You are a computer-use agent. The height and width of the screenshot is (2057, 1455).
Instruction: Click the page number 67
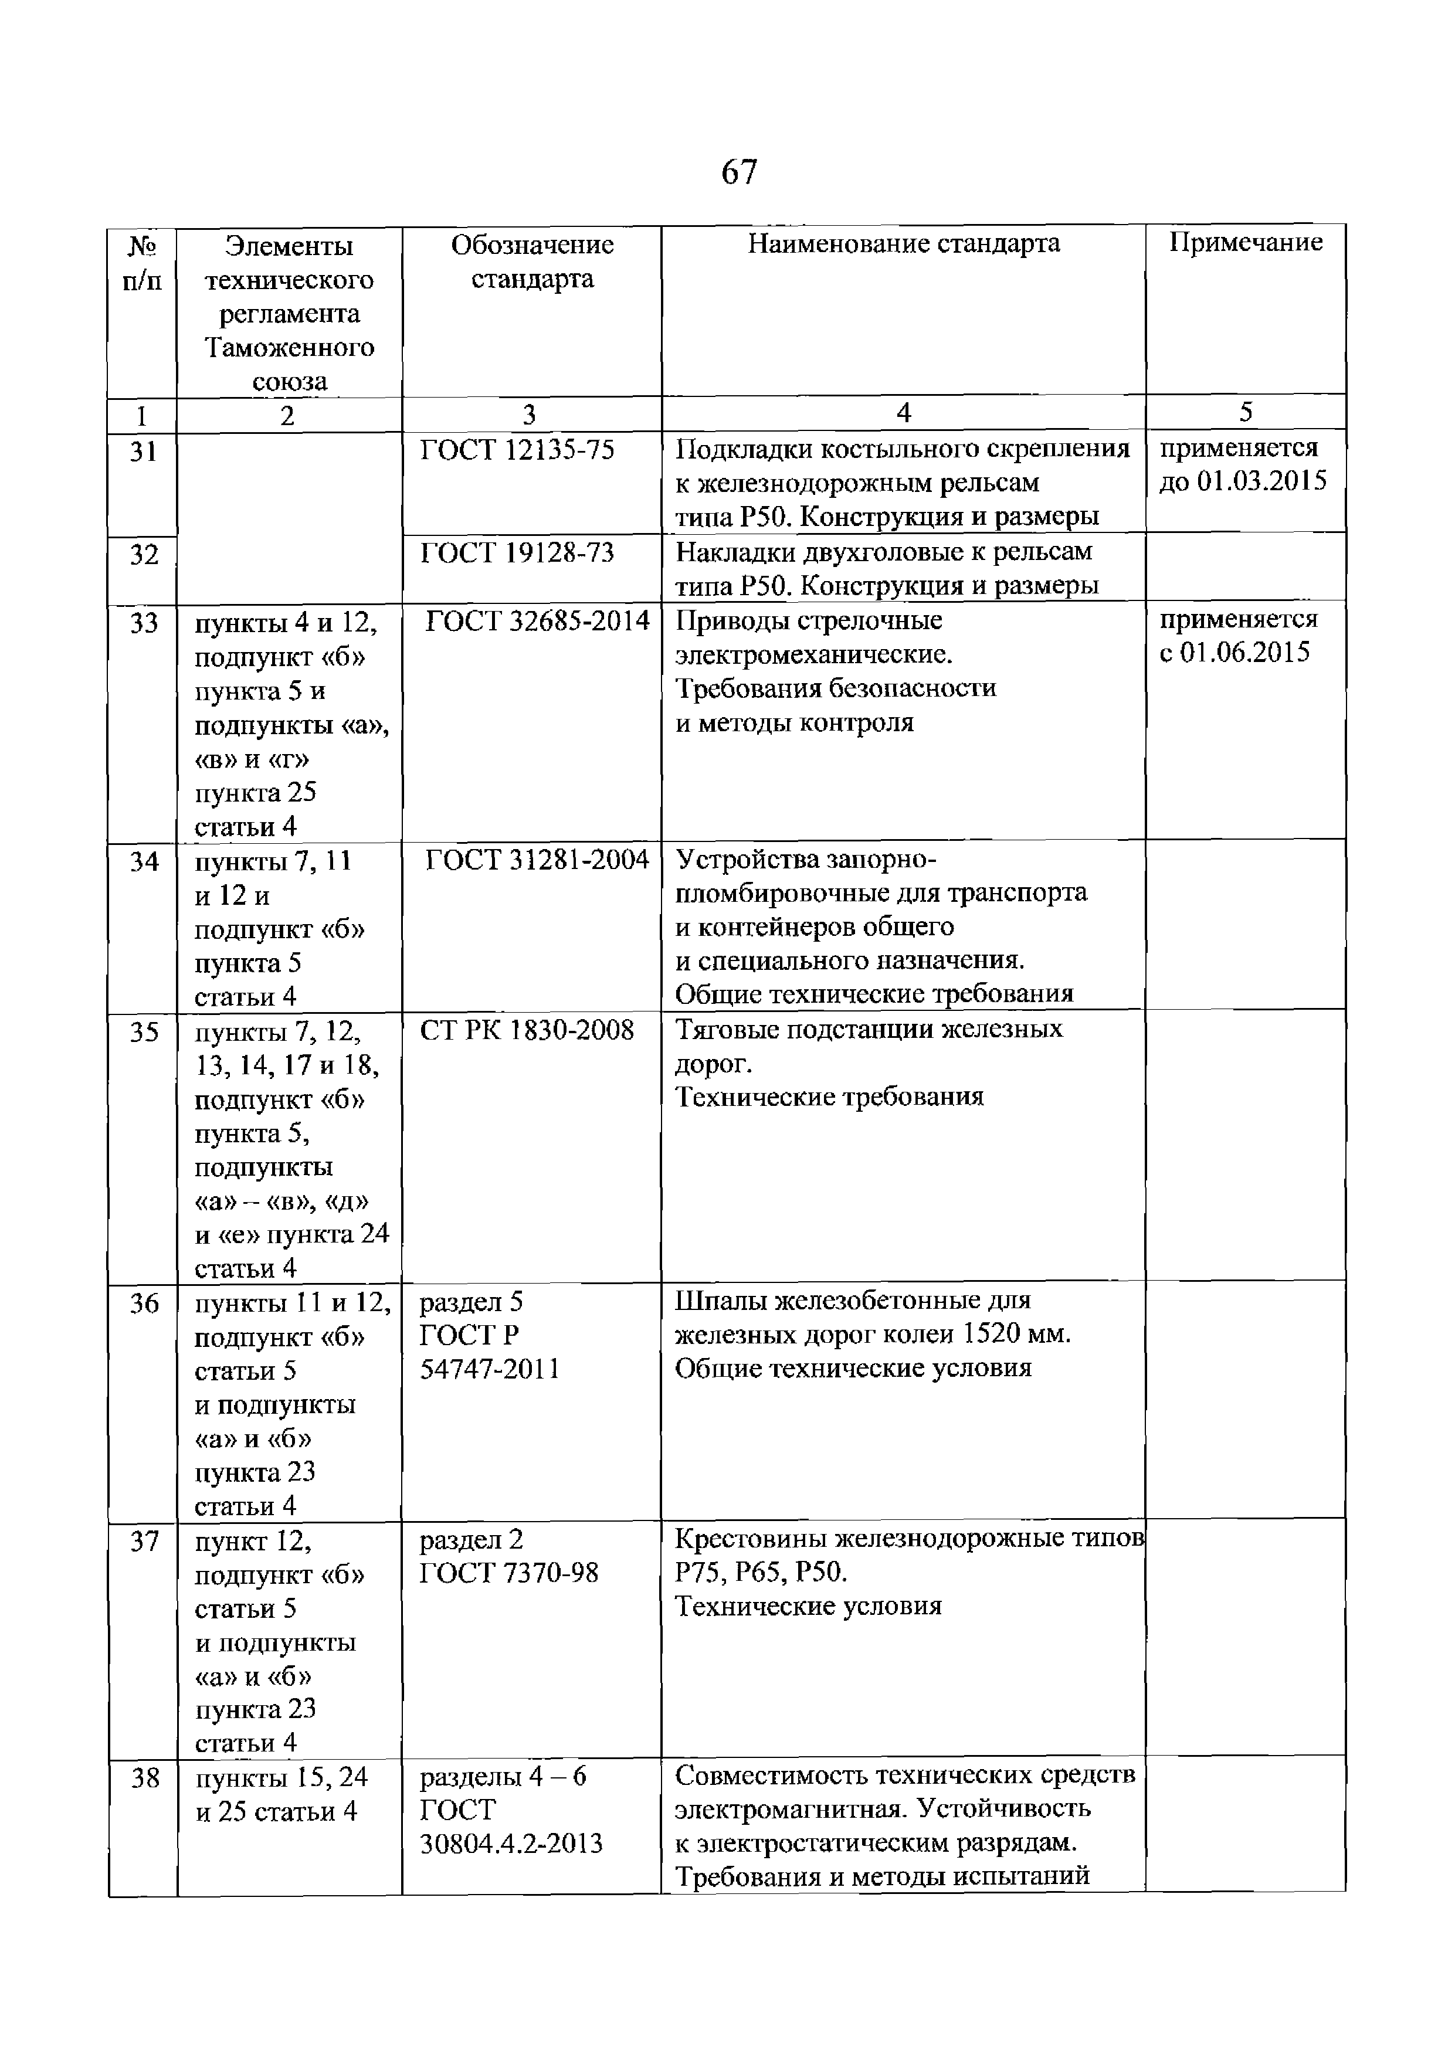pos(739,171)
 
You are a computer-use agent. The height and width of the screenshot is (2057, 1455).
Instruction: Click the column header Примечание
pos(1246,242)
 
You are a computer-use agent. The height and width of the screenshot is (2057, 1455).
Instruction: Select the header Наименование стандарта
pos(903,243)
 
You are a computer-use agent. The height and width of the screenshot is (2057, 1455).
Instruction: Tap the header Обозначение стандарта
pos(532,262)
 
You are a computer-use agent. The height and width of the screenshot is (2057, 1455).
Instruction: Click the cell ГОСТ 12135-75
pos(518,450)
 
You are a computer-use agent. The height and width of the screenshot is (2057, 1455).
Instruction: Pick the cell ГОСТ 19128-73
pos(518,553)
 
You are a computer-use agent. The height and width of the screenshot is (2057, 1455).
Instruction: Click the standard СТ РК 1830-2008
pos(527,1030)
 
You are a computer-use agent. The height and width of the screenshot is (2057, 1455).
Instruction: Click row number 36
pos(143,1304)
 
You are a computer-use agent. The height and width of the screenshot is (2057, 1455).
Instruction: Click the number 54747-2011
pos(489,1370)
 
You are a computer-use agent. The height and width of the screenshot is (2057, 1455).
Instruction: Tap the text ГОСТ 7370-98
pos(509,1573)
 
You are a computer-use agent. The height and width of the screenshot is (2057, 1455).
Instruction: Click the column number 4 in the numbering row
pos(903,413)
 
